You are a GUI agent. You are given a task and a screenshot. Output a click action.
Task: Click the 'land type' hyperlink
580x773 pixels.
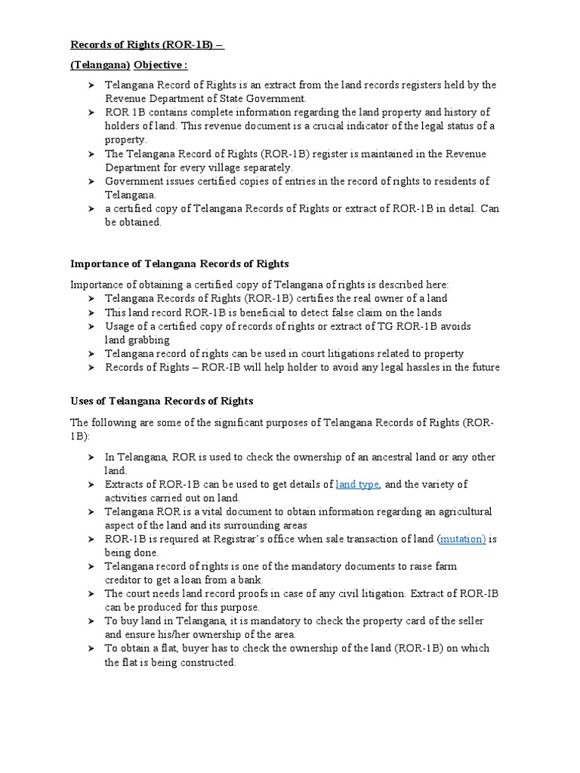tap(357, 485)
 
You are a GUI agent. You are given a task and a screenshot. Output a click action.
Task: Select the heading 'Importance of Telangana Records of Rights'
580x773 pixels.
tap(180, 264)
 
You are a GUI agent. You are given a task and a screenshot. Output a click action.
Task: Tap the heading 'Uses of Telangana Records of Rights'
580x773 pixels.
tap(162, 401)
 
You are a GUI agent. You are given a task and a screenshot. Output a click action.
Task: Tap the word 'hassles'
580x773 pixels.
tap(427, 368)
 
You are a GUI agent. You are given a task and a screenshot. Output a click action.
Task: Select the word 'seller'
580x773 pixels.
tap(468, 621)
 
